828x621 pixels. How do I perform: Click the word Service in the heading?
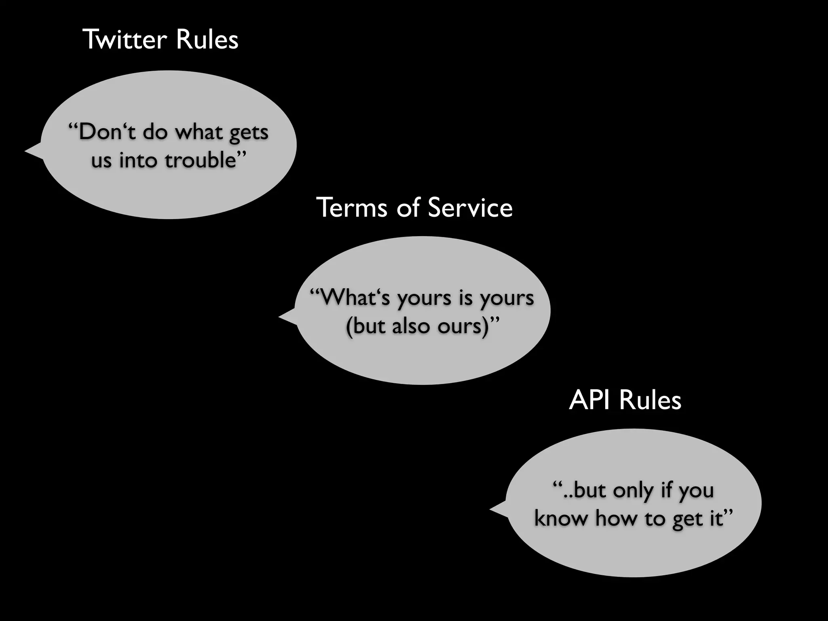point(470,207)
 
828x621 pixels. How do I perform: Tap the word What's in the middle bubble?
point(350,298)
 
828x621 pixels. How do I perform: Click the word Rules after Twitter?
point(207,40)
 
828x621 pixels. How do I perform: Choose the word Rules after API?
point(650,400)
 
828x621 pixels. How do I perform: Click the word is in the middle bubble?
point(465,298)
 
